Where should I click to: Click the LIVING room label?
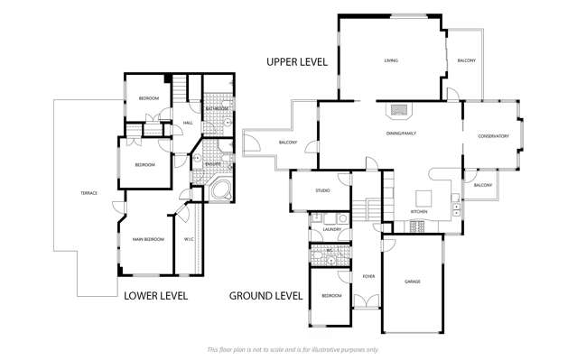[392, 61]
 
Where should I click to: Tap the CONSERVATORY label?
[493, 136]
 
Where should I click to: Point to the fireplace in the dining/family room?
[399, 111]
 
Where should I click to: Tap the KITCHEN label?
[419, 211]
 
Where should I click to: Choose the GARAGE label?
[413, 282]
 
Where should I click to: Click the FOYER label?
[368, 276]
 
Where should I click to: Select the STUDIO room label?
[322, 190]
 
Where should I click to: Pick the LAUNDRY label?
[330, 230]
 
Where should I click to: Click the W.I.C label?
[189, 239]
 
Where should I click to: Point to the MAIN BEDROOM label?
[148, 239]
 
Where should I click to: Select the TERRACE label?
[88, 193]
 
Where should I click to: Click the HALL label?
[188, 123]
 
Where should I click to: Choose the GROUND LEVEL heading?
[265, 295]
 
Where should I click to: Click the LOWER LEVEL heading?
[155, 295]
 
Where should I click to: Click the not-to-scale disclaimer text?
[293, 349]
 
